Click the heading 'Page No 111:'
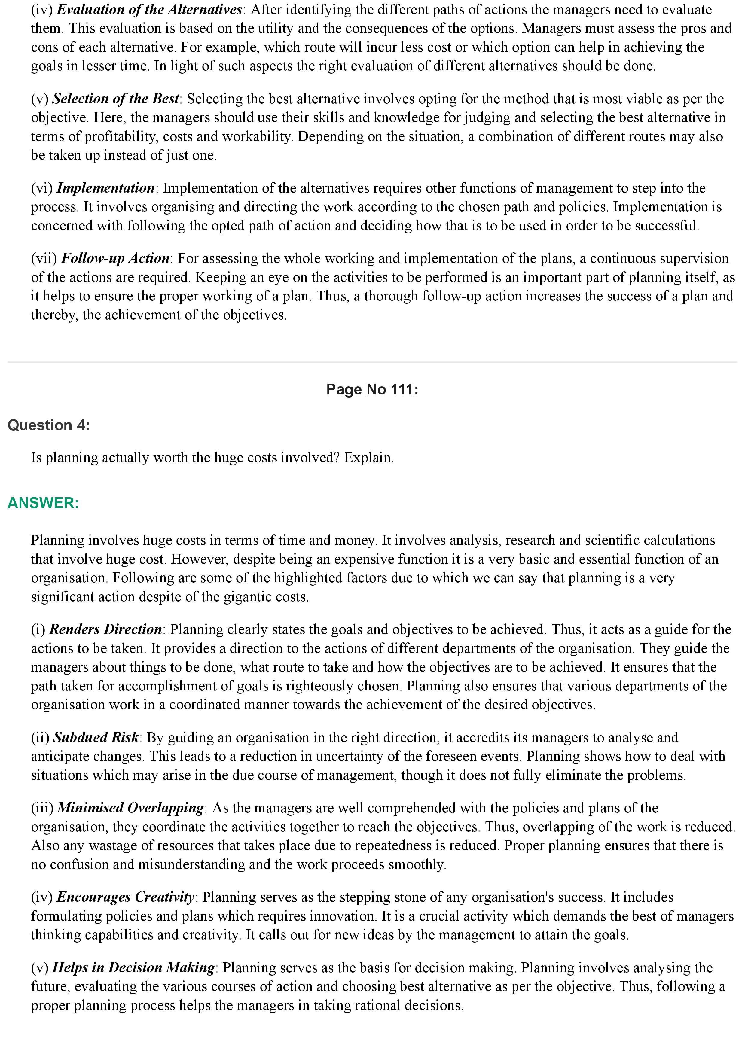coord(372,389)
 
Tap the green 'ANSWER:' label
coord(43,503)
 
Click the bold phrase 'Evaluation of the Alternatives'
coord(149,9)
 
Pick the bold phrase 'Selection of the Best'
coord(116,99)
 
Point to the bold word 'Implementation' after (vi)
coord(105,188)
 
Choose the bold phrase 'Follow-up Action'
coord(115,258)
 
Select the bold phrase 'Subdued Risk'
coord(96,737)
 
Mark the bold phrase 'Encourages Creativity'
coord(125,897)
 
